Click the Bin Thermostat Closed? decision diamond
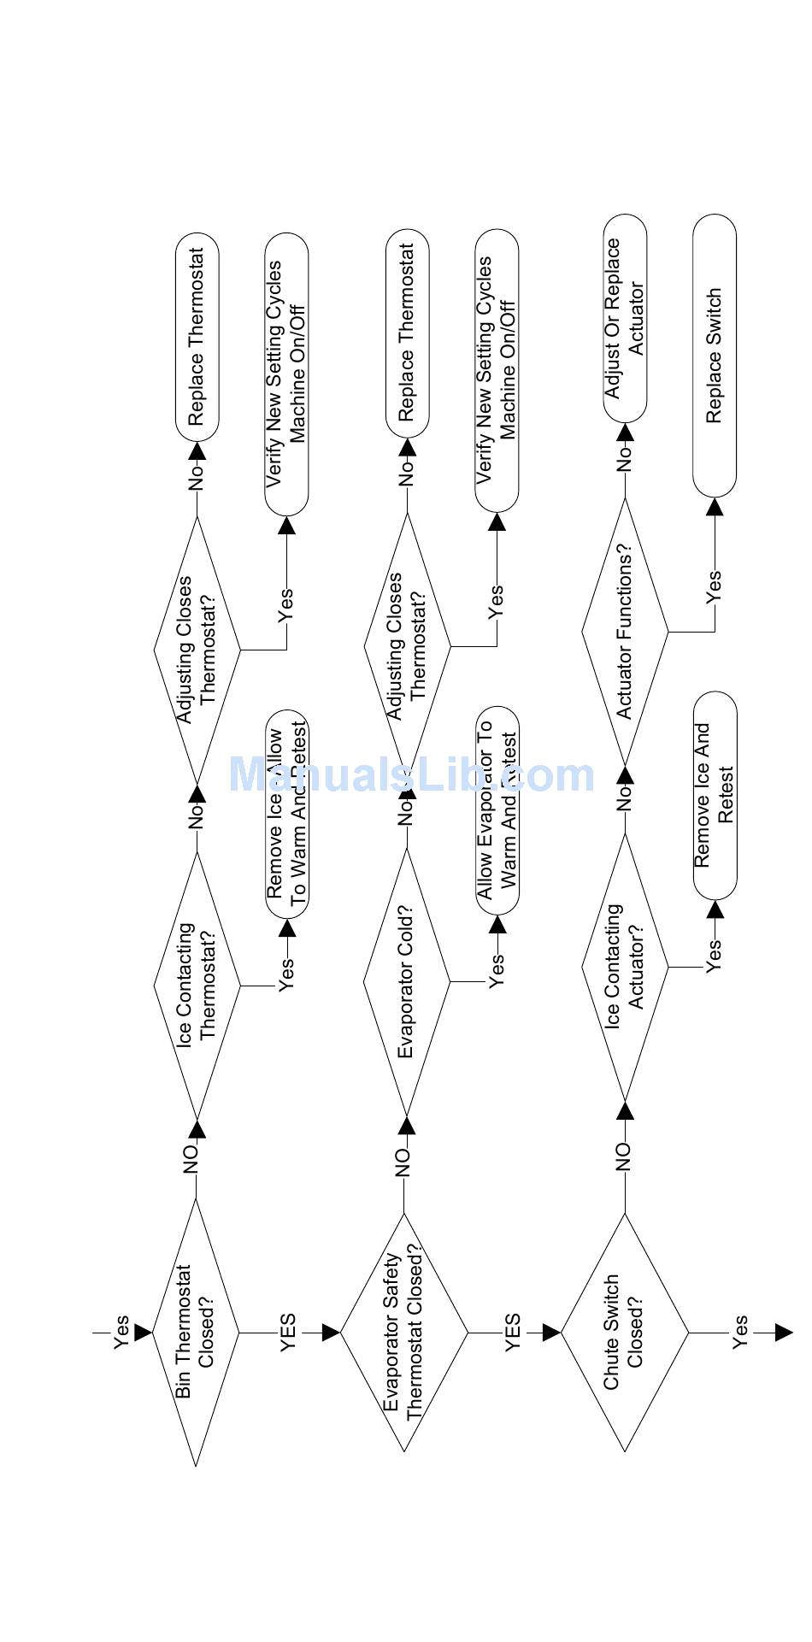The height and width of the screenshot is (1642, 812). point(197,1332)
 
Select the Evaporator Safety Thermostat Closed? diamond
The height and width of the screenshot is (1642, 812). point(404,1332)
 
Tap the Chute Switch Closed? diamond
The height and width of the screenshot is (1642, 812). point(625,1332)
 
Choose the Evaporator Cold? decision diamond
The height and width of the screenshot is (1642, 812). point(407,982)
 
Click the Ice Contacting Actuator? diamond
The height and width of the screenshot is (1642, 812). point(625,967)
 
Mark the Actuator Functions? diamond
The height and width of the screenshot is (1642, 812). point(625,632)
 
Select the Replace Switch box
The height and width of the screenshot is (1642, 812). point(715,356)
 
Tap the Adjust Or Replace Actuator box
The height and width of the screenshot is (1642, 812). point(625,318)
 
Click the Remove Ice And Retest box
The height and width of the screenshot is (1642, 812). point(715,795)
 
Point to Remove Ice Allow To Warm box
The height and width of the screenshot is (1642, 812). point(286,813)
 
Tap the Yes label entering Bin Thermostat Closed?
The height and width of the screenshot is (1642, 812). point(122,1331)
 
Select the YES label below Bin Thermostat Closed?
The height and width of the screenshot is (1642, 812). point(289,1332)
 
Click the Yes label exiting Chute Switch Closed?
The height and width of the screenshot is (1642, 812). point(740,1332)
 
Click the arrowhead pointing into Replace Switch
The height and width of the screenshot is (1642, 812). point(715,507)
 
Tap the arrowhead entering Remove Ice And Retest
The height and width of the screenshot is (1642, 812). point(715,909)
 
